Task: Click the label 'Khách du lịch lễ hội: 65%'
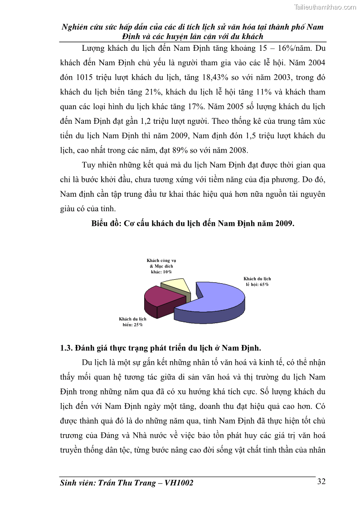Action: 257,281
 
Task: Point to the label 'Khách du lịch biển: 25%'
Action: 132,322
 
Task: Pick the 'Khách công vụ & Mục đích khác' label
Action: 161,266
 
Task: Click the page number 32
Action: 321,481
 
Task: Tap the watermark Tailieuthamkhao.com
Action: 325,7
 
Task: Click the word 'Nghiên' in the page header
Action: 76,27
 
